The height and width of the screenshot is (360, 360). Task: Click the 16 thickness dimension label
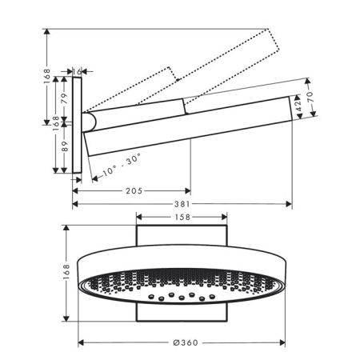click(x=77, y=71)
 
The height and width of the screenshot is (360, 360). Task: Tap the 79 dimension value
click(x=64, y=98)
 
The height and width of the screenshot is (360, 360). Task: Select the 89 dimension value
click(x=65, y=146)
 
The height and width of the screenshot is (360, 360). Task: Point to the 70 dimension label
click(x=310, y=97)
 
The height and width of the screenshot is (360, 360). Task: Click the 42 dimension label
click(x=298, y=106)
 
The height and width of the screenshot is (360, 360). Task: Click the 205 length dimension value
click(x=134, y=191)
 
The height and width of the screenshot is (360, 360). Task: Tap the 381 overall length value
click(x=182, y=204)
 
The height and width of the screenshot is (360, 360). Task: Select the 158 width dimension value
click(x=182, y=217)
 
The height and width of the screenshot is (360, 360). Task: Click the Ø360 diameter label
click(x=186, y=342)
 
